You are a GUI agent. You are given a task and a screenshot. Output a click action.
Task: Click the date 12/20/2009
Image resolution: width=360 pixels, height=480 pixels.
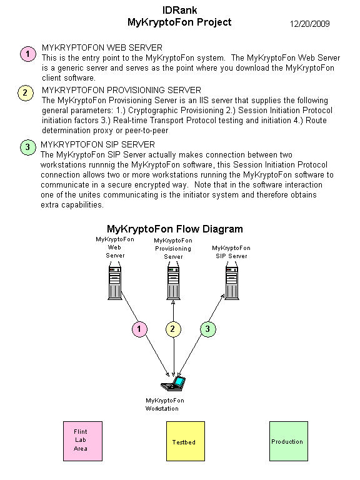309,24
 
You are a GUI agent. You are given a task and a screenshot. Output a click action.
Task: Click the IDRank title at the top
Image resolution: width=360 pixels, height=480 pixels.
180,11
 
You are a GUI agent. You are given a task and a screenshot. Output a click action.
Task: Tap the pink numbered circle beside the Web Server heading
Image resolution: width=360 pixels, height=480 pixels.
28,54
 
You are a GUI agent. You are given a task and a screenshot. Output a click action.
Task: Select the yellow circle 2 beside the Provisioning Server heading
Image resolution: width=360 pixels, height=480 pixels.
26,92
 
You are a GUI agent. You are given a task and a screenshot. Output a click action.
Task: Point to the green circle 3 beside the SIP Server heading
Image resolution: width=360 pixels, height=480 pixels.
28,147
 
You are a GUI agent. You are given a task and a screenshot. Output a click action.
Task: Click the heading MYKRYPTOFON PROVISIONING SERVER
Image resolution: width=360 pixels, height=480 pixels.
121,90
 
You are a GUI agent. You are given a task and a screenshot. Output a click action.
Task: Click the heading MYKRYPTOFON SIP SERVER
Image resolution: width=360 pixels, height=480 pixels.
97,144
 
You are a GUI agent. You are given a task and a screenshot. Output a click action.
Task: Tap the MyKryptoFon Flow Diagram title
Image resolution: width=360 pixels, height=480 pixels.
175,229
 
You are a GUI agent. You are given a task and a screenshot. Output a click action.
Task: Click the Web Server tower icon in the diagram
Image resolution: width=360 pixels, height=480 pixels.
115,282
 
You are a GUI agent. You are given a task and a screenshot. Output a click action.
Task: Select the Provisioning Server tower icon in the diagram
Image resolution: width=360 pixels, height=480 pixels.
173,282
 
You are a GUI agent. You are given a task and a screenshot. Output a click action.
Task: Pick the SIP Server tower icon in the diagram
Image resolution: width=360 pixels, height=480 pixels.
232,282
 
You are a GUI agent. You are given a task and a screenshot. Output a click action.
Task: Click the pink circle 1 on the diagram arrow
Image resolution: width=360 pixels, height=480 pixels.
139,329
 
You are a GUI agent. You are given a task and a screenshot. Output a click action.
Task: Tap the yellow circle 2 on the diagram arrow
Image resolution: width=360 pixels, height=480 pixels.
173,329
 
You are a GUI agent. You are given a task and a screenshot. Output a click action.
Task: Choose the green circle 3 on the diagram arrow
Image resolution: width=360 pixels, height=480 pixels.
208,329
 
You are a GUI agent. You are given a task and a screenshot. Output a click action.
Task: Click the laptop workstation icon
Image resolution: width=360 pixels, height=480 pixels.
173,384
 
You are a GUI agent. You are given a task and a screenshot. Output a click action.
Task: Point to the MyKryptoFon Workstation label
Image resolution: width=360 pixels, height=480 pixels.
165,404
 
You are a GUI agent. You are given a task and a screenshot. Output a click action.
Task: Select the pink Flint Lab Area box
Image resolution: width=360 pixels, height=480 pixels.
82,441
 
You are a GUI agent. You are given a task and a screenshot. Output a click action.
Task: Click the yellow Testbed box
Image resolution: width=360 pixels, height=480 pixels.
186,441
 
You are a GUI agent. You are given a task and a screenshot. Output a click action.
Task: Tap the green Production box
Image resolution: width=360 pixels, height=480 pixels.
289,441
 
